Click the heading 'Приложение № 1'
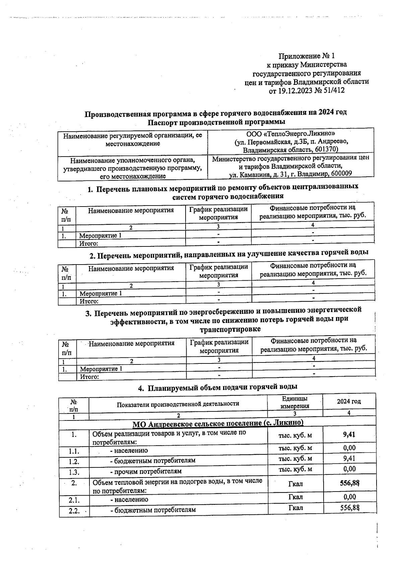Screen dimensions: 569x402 [x=307, y=56]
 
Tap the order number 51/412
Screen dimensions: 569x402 [x=333, y=91]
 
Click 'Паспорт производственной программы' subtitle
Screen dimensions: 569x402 [x=216, y=121]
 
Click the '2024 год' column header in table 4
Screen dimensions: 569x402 [x=349, y=401]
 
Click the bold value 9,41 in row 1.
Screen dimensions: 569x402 [x=349, y=435]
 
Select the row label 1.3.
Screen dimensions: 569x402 [x=74, y=472]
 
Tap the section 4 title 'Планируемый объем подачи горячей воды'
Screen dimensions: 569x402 [x=223, y=387]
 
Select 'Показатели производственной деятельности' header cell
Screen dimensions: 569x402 [x=178, y=404]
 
